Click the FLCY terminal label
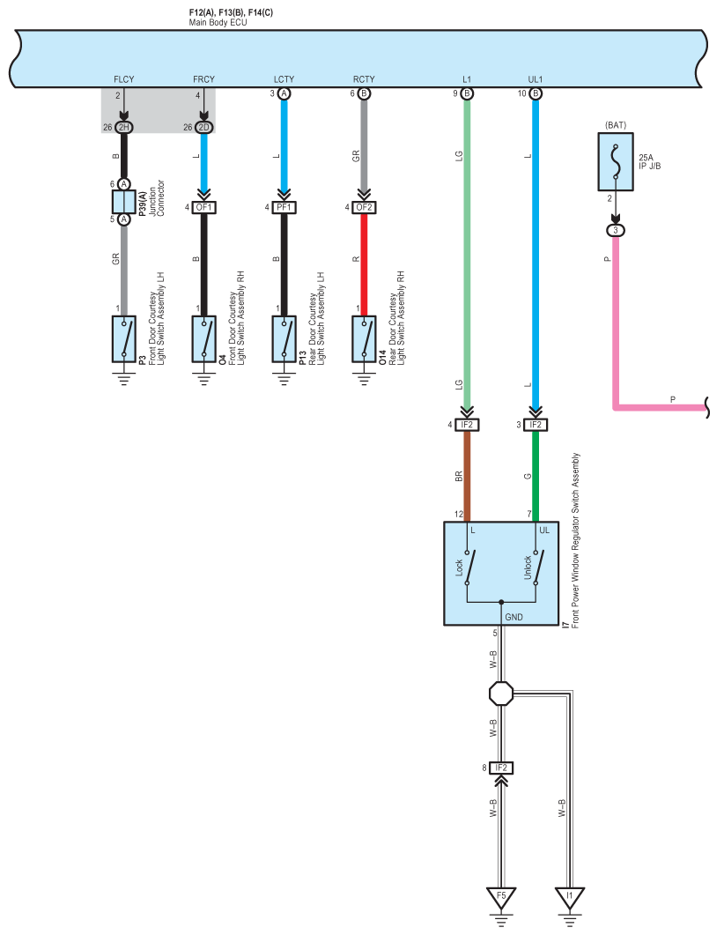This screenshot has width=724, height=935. tap(124, 79)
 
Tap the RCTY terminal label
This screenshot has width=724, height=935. tap(364, 79)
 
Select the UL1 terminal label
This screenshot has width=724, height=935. tap(536, 79)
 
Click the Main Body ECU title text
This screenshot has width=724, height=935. tap(218, 23)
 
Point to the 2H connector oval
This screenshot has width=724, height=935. tap(124, 127)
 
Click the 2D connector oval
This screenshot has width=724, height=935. tap(203, 127)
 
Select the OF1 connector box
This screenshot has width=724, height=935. tap(203, 207)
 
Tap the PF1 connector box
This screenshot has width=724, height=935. tap(284, 207)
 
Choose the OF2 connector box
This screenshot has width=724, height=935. tap(364, 207)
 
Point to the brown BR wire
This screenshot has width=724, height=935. tap(467, 476)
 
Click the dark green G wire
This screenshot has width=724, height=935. tap(536, 476)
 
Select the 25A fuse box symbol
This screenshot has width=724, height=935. tap(616, 161)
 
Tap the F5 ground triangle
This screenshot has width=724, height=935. tap(501, 897)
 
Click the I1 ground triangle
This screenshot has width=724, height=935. tap(570, 897)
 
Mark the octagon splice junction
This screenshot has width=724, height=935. tap(501, 694)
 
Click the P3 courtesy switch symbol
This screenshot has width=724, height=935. tap(124, 338)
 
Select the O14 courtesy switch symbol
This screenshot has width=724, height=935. tap(364, 338)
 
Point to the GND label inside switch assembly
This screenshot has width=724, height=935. tap(513, 617)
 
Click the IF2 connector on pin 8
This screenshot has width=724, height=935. tap(501, 768)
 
